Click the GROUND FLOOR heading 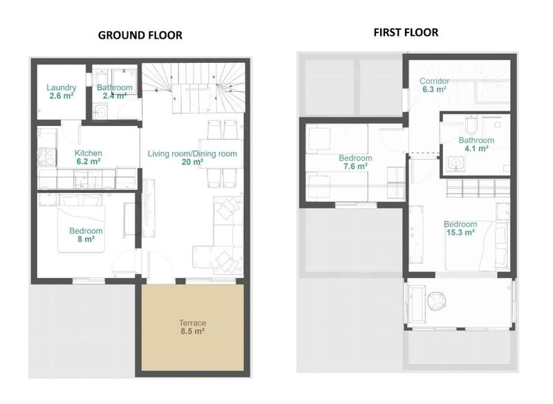point(140,35)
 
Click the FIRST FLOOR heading point(406,32)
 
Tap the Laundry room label point(61,88)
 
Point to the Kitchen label point(88,153)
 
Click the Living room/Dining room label point(193,153)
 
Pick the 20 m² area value point(193,162)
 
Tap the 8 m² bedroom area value point(86,239)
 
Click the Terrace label point(193,322)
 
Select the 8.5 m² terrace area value point(193,331)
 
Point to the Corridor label point(435,81)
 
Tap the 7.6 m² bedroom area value point(355,166)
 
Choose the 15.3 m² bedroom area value point(459,232)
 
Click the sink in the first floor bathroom point(456,163)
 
